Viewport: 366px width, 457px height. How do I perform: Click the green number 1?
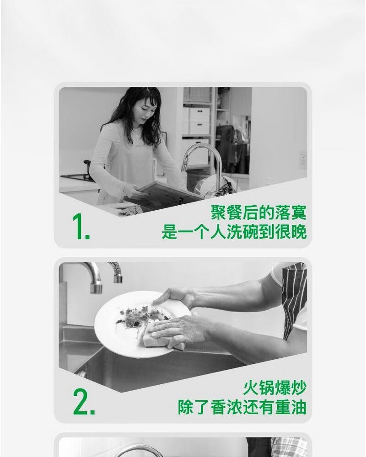81,227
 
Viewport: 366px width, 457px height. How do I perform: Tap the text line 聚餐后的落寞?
258,213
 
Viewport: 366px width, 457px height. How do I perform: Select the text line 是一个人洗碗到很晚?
234,232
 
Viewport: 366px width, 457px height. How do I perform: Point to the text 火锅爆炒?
274,388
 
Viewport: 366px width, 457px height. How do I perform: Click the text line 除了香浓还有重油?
242,407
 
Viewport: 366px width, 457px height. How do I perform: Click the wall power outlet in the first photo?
303,159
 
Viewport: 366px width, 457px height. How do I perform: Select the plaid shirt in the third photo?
289,447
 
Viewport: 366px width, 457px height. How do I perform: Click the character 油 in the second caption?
299,407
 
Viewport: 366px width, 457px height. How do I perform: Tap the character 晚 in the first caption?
299,232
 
